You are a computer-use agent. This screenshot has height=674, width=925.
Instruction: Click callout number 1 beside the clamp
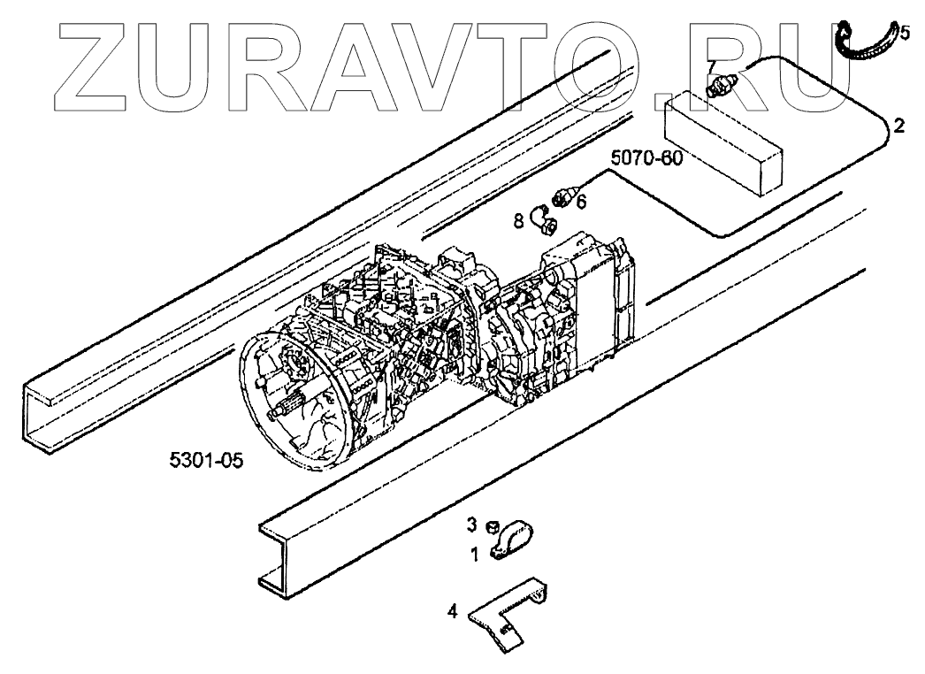tap(474, 555)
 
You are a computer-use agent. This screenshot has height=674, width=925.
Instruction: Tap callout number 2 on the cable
tap(898, 125)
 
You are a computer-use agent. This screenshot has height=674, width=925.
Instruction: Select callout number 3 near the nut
tap(472, 524)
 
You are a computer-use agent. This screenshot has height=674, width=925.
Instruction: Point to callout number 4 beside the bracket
tap(453, 609)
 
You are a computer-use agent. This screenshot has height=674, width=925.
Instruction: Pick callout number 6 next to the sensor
tap(581, 202)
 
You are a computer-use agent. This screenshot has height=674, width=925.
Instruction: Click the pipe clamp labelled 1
tap(513, 541)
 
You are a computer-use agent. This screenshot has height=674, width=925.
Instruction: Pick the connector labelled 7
tap(723, 85)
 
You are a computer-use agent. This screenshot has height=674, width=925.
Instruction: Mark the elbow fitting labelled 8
tap(541, 219)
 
